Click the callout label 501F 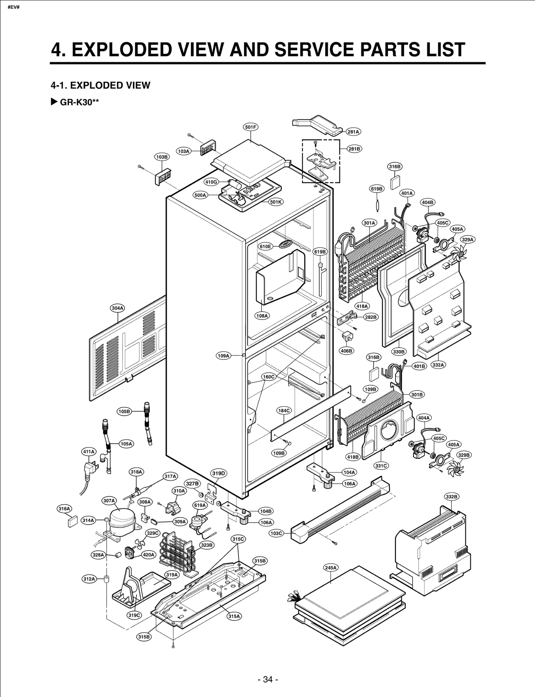click(250, 127)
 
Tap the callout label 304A click(117, 308)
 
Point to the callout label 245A click(330, 568)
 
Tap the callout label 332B click(451, 497)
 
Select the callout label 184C click(284, 411)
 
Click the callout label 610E click(265, 247)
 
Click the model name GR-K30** click(79, 102)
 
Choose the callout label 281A click(353, 132)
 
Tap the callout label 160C click(268, 377)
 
